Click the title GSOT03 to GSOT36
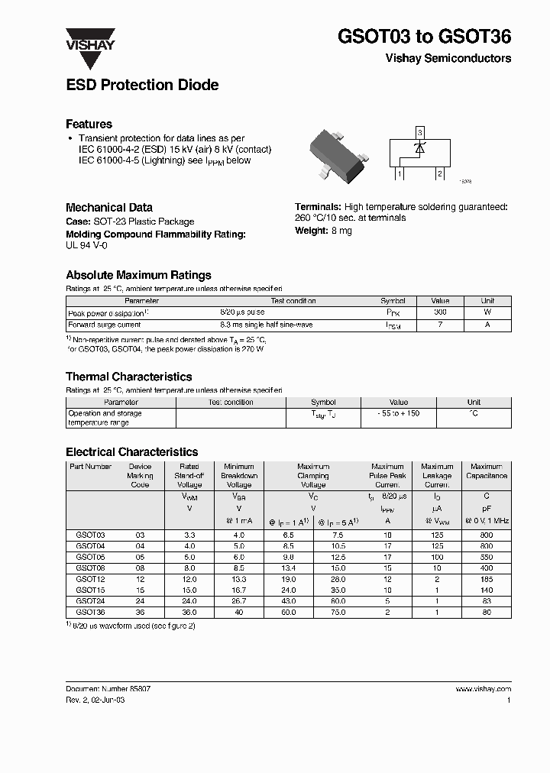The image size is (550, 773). click(x=424, y=36)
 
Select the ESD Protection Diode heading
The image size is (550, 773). click(x=142, y=86)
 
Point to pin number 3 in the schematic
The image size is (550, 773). click(x=419, y=133)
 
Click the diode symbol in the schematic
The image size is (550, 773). click(x=419, y=148)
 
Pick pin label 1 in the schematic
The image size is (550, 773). click(x=400, y=175)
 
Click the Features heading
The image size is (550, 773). click(x=89, y=124)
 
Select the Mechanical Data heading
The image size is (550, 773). click(x=109, y=207)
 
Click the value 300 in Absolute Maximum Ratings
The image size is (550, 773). click(x=440, y=312)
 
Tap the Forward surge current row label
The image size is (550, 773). click(x=105, y=325)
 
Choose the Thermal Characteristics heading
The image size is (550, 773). click(x=128, y=377)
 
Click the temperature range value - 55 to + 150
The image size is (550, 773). click(x=398, y=413)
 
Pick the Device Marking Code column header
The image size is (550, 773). click(x=140, y=475)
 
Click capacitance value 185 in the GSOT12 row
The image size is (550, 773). click(x=487, y=579)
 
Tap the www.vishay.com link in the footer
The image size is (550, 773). click(x=483, y=689)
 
